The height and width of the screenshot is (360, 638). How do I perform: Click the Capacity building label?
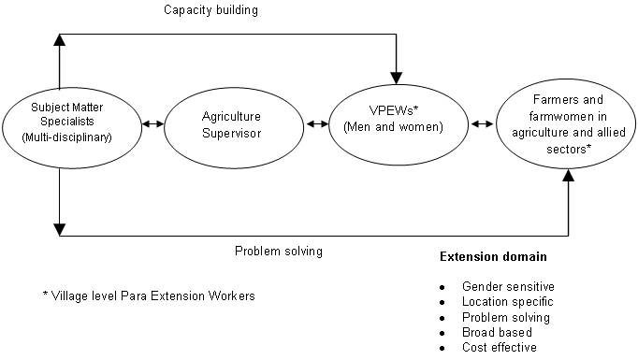pos(210,10)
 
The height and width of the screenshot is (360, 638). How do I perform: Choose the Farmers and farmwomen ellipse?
pos(568,122)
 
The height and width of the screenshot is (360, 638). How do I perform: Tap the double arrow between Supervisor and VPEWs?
pos(316,122)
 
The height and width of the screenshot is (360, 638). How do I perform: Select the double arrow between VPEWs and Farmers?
pos(484,122)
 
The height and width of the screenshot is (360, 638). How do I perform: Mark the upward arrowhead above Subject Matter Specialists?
pos(59,40)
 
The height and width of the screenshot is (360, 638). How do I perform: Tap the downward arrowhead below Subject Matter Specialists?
pos(59,227)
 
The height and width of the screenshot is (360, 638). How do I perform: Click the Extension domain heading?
pos(493,256)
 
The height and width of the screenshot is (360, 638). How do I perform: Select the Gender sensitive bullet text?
pos(508,286)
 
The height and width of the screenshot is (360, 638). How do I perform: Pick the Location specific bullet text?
pos(508,302)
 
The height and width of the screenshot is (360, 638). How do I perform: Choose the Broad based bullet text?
pos(497,332)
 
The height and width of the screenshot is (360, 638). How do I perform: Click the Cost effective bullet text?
pos(500,347)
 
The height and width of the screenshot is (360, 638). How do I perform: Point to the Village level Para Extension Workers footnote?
pos(149,295)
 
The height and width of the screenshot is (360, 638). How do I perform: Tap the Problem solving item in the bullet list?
pos(506,317)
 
